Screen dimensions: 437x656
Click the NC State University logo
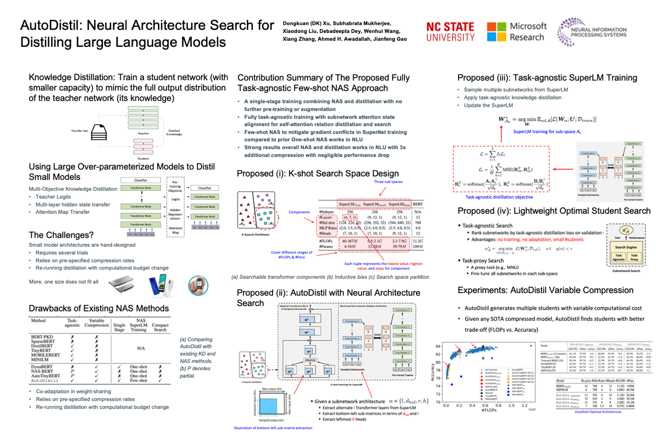click(x=450, y=32)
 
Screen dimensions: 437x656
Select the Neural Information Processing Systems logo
click(x=592, y=32)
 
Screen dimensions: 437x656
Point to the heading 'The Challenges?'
click(x=61, y=235)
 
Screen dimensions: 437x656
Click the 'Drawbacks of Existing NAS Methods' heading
click(x=99, y=308)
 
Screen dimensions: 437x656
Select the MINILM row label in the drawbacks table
click(x=40, y=360)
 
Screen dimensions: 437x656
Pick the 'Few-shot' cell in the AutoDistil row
click(x=138, y=381)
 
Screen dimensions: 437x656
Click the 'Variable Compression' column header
click(x=96, y=323)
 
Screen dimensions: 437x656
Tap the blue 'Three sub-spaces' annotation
click(x=388, y=182)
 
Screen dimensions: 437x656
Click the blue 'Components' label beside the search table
click(x=299, y=212)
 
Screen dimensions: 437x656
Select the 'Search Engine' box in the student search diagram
click(x=626, y=247)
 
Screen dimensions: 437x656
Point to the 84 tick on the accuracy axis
click(x=438, y=346)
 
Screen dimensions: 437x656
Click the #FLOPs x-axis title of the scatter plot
click(x=489, y=410)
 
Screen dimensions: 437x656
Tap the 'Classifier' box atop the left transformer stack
click(x=140, y=180)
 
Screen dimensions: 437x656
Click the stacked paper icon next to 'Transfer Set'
click(x=99, y=132)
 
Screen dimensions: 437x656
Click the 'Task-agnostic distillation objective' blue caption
click(x=499, y=197)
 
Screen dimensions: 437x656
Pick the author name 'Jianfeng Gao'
click(x=391, y=39)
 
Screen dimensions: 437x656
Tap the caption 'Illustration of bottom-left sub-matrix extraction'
click(x=273, y=428)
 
